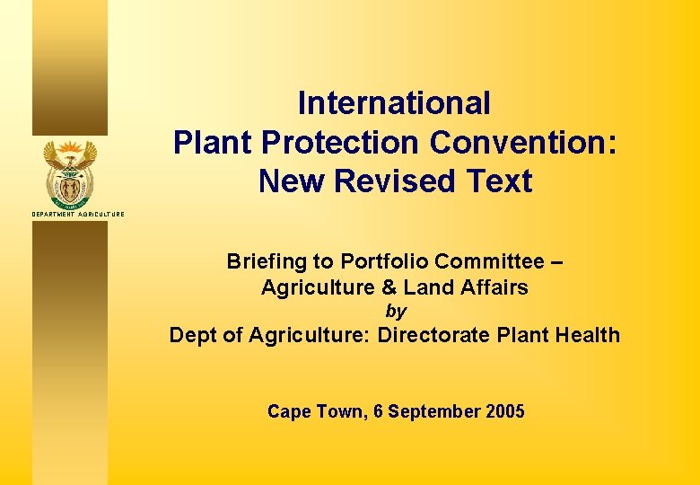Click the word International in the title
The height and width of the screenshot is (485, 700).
coord(394,103)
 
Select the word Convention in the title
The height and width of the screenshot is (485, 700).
coord(523,143)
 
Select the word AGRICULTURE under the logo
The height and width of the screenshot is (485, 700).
coord(101,214)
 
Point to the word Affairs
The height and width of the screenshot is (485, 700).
coord(494,287)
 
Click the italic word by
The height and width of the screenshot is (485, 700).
coord(395,312)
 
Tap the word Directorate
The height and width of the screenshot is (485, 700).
coord(428,336)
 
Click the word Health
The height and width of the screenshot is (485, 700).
coord(586,335)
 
